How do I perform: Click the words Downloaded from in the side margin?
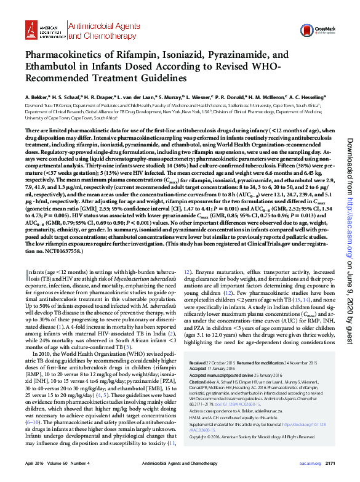(350, 148)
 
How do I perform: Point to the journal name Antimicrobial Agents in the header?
(89, 23)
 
